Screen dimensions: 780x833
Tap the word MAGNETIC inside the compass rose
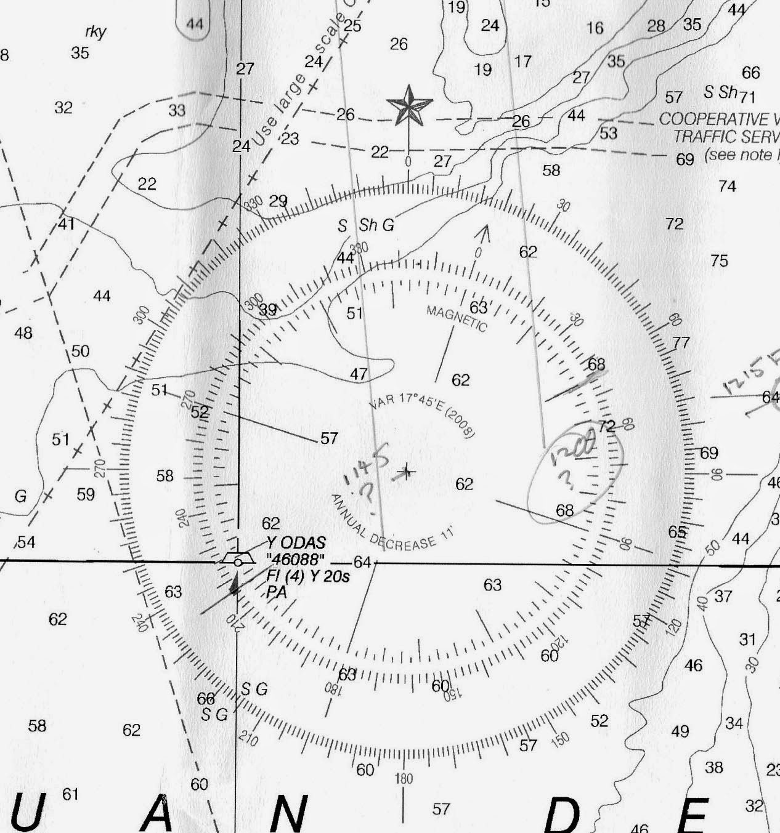click(457, 318)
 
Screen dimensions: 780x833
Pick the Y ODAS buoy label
click(296, 543)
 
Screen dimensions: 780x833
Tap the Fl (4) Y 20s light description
click(308, 576)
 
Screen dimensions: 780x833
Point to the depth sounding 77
click(681, 342)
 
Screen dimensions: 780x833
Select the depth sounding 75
click(719, 261)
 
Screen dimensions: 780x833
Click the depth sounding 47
click(359, 374)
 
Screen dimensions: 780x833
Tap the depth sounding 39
click(267, 310)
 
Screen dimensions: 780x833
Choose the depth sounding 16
click(595, 28)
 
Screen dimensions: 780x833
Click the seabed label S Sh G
click(365, 225)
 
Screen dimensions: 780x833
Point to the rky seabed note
click(95, 32)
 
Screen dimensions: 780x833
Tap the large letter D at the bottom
click(563, 815)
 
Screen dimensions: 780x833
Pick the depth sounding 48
click(23, 333)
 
